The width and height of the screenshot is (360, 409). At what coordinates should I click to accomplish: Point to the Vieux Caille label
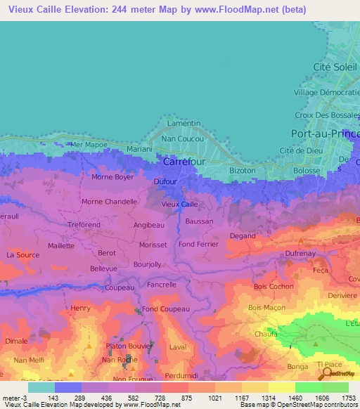coord(179,204)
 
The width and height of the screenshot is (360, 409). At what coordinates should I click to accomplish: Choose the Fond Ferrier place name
coord(199,244)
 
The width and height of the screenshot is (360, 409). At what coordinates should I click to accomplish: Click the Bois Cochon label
coord(274,286)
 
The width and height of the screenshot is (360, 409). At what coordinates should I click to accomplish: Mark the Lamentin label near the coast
coord(184,123)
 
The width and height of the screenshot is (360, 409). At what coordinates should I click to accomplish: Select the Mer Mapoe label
coord(86,144)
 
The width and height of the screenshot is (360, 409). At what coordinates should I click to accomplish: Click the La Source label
coord(22,254)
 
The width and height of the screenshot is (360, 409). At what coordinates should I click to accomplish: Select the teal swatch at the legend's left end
coord(41,387)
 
